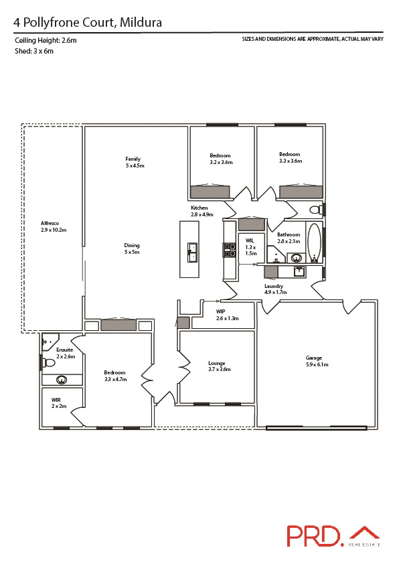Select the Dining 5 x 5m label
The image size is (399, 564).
click(132, 248)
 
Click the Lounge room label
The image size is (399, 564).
click(219, 366)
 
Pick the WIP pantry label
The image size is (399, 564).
click(228, 315)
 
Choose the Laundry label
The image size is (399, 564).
click(275, 289)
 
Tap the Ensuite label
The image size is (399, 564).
click(64, 353)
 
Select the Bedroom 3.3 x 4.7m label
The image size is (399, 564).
click(114, 375)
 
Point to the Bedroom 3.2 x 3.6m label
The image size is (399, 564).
click(221, 159)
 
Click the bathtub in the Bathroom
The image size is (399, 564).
click(314, 242)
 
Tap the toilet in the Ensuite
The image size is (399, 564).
click(48, 362)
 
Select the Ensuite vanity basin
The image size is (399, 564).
click(62, 380)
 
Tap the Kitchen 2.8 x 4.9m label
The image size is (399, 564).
click(202, 211)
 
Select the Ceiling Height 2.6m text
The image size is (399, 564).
click(46, 41)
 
